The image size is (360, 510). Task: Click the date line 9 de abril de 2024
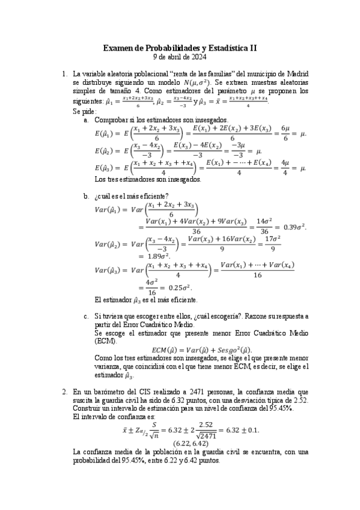coord(180,57)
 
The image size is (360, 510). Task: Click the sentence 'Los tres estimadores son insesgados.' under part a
coord(148,179)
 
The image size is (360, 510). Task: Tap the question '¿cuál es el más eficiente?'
coord(132,196)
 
